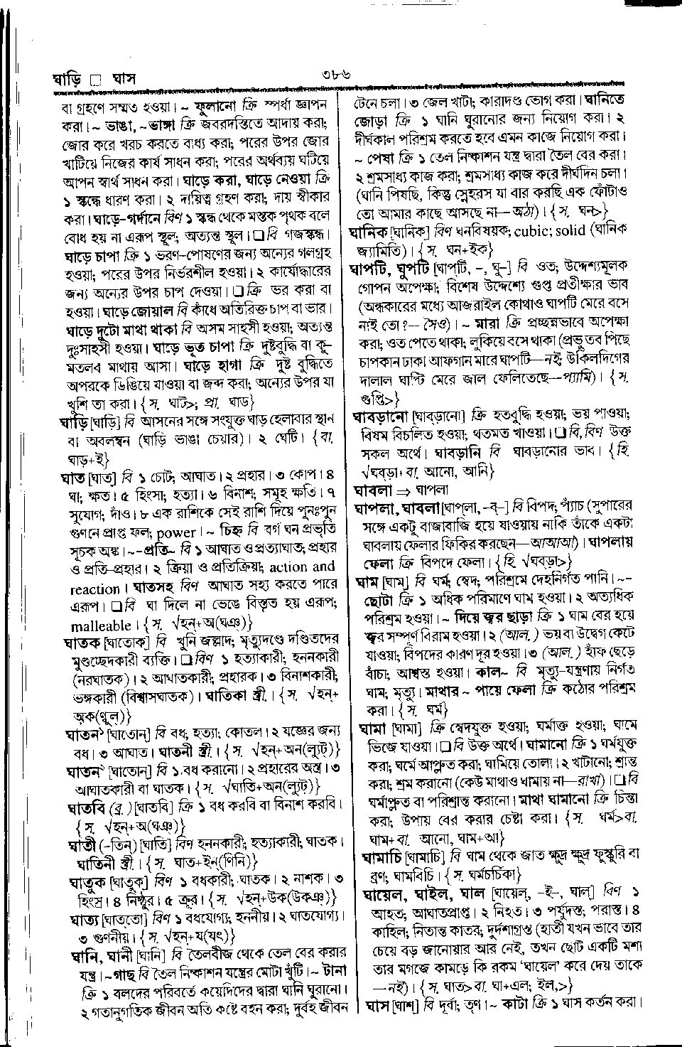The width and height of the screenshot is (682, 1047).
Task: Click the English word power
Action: [176, 533]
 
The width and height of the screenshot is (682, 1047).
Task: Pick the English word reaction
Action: [95, 589]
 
